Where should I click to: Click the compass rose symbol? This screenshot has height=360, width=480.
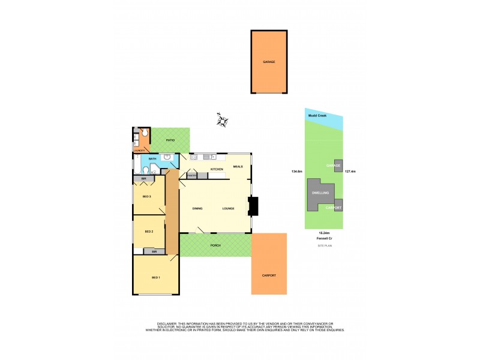coord(223,120)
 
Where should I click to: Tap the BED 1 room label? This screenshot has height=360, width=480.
coord(155,277)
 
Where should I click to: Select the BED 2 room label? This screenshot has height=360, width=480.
coord(149,231)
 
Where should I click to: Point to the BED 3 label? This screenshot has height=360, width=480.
coord(146,196)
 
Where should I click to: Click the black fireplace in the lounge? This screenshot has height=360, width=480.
coord(254,207)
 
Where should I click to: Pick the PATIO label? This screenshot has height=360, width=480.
coord(170,140)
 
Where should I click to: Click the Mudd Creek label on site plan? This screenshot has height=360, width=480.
coord(317,116)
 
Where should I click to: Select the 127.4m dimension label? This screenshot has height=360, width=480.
coord(350,172)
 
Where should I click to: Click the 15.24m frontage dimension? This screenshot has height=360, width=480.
coord(324,233)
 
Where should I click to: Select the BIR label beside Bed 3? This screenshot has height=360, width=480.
coord(144,179)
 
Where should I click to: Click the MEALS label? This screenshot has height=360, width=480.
coord(238,166)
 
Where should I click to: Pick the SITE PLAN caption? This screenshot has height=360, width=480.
coord(324,245)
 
